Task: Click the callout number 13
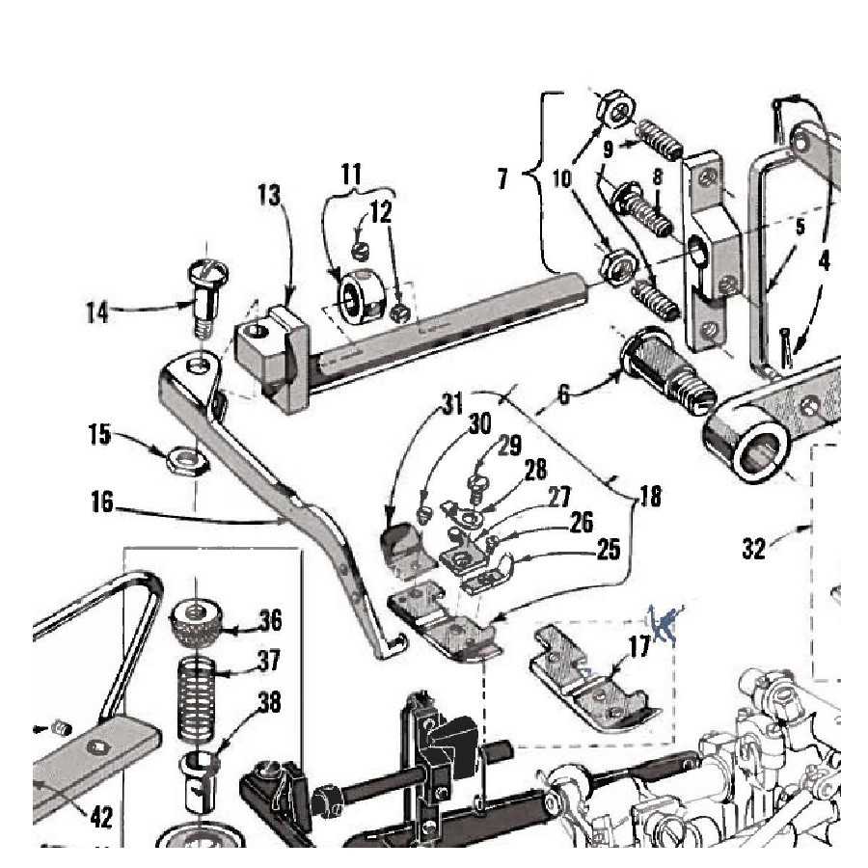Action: [x=269, y=196]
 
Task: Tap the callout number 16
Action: [x=102, y=502]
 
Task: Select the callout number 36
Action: [x=270, y=620]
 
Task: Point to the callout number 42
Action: [x=101, y=817]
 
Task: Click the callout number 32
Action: [x=753, y=549]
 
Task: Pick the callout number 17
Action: [x=640, y=646]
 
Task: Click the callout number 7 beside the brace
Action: [x=502, y=178]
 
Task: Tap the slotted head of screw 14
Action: [x=208, y=272]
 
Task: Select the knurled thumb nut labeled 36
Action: [x=196, y=623]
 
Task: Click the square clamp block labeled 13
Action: [x=272, y=360]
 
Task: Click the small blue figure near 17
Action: [x=665, y=623]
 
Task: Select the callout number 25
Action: [x=609, y=550]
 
